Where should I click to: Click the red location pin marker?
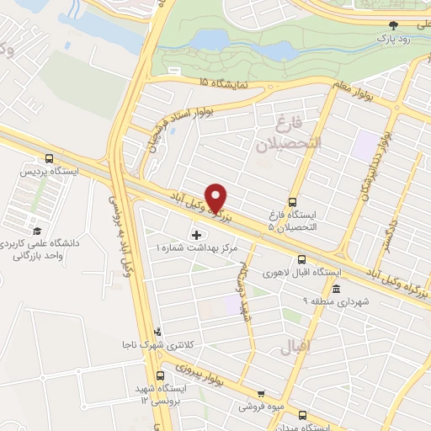(x=217, y=198)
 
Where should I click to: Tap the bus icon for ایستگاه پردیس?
(x=50, y=157)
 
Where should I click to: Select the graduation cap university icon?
(x=36, y=231)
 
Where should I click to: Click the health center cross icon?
(x=198, y=234)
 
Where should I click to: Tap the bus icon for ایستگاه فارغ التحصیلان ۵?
(x=292, y=202)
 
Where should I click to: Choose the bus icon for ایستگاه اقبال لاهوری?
(x=301, y=260)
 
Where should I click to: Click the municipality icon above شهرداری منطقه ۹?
(x=336, y=290)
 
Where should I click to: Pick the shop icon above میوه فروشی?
(x=260, y=394)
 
